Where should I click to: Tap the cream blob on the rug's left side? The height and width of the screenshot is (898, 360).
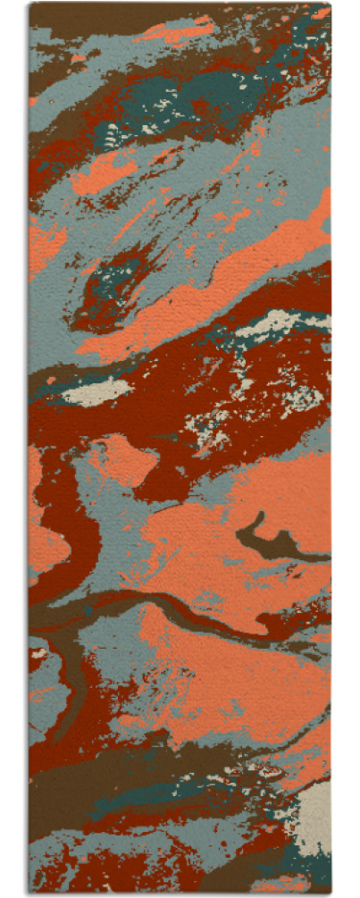click(96, 391)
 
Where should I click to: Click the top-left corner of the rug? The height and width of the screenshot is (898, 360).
click(29, 4)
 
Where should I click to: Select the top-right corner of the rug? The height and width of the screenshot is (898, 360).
click(331, 4)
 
